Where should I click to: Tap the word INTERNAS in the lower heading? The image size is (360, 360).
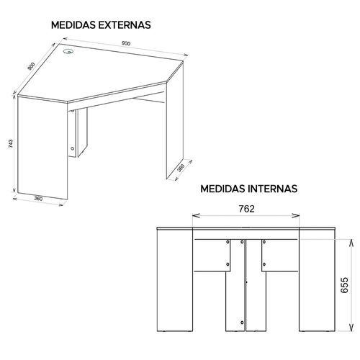click(x=273, y=189)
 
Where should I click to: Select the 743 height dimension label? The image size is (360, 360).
click(x=11, y=143)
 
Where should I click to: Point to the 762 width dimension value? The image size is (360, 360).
click(x=246, y=209)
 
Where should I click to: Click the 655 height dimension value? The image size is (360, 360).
click(x=344, y=285)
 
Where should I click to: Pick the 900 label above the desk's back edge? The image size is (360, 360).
click(x=126, y=43)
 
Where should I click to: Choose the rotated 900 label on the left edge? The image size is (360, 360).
click(x=31, y=66)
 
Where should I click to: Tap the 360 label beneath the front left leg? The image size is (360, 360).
click(x=38, y=199)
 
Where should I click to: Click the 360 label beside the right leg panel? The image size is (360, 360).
click(x=181, y=168)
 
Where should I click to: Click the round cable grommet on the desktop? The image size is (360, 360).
click(x=68, y=51)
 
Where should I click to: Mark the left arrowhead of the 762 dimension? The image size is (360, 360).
click(x=196, y=215)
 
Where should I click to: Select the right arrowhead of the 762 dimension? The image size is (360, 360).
click(x=296, y=215)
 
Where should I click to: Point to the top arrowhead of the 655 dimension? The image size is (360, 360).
click(x=351, y=243)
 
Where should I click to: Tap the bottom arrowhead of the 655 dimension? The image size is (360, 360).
click(x=351, y=328)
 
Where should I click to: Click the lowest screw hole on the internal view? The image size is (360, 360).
click(x=242, y=323)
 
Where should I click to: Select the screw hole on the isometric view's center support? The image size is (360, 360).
click(x=73, y=148)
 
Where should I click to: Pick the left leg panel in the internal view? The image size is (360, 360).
click(x=175, y=280)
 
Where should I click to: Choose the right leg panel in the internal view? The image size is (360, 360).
click(x=318, y=280)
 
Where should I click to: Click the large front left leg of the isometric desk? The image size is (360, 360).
click(x=42, y=148)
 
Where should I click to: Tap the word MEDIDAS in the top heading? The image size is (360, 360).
click(x=73, y=25)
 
